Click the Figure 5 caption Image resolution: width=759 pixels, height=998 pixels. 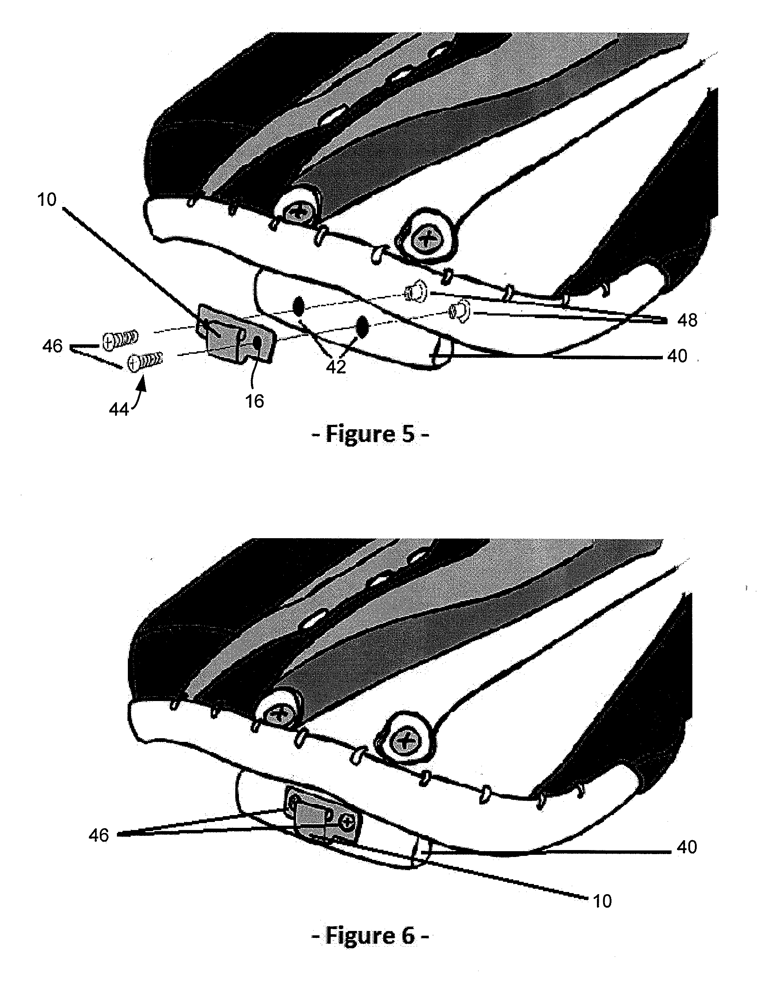[x=370, y=434]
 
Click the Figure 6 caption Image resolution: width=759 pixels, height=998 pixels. [x=370, y=935]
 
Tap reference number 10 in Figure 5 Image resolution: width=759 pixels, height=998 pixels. [x=47, y=199]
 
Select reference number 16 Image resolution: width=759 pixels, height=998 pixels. [x=254, y=401]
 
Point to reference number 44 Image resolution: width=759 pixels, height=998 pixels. [x=119, y=410]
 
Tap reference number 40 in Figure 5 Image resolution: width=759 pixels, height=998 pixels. [x=677, y=356]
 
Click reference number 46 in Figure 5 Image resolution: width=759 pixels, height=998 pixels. [x=52, y=346]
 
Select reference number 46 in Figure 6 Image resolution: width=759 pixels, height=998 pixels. [x=98, y=835]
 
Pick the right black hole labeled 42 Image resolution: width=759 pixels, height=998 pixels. [x=362, y=327]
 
